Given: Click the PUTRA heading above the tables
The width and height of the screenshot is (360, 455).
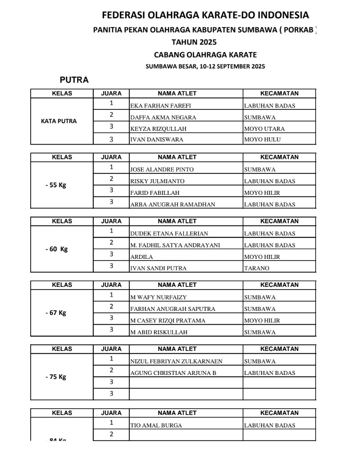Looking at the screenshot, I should tap(74, 80).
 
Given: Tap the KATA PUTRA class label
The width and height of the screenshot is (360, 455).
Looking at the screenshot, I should tap(59, 121).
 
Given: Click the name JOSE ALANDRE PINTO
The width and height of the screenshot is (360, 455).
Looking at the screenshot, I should tap(162, 169).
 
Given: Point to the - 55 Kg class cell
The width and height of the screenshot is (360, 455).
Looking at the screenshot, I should tap(56, 185).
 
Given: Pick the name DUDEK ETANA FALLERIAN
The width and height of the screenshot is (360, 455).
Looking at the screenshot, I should tap(169, 234).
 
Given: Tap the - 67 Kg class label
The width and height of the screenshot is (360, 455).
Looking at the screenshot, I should tap(56, 313).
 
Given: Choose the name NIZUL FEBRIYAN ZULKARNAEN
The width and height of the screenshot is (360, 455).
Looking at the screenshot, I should tap(176, 361).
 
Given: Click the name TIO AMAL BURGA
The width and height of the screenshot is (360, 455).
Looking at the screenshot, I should tap(156, 425).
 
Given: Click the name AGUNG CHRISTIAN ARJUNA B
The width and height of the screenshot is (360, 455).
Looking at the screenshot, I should tap(173, 373).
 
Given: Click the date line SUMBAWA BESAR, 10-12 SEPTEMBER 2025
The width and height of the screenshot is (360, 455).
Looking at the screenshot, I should tap(205, 67).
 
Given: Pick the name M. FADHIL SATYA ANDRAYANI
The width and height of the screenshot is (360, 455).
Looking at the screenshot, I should tap(175, 245).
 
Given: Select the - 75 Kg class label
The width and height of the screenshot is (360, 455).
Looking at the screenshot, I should tap(56, 377).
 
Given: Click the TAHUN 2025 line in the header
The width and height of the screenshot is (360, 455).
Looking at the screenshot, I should tap(194, 43).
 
